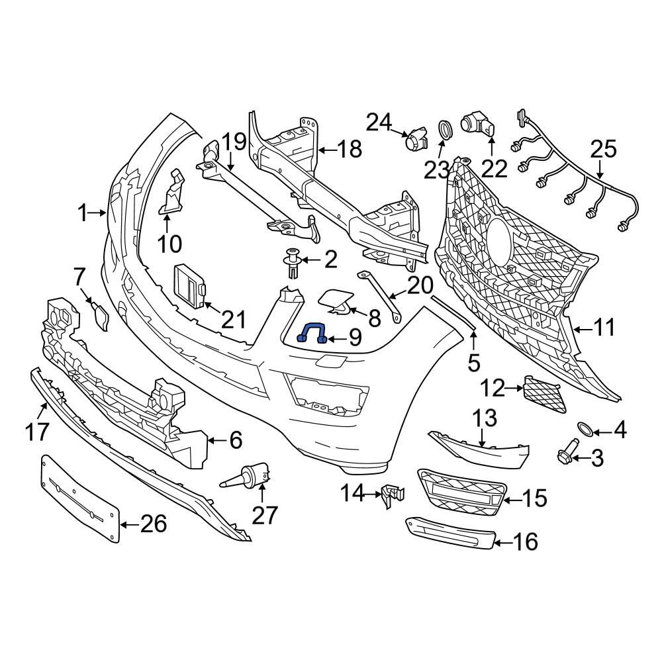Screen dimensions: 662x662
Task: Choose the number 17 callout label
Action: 38,432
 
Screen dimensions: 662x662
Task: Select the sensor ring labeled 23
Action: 446,129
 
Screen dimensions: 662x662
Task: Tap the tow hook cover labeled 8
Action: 337,303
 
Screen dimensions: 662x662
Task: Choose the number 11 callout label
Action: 604,327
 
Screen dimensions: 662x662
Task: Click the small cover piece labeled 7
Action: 101,316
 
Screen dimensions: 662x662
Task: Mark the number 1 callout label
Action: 82,213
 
